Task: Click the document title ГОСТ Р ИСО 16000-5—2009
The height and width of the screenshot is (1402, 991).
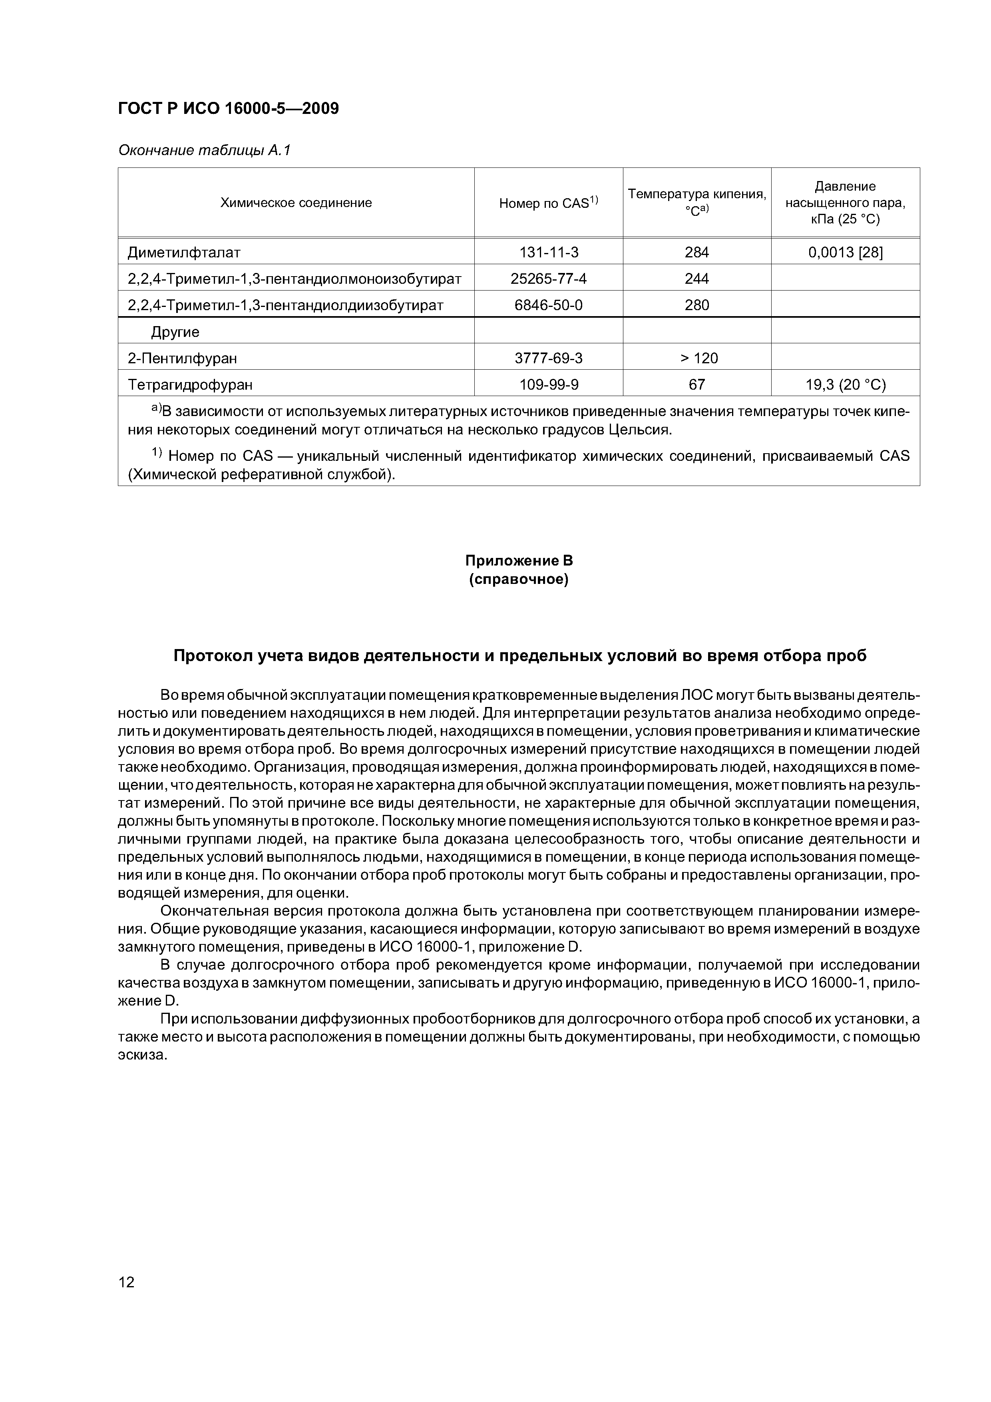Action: pos(228,109)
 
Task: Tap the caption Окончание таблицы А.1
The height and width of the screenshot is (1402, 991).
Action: pos(204,150)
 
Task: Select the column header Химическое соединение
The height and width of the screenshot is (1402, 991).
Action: pos(296,203)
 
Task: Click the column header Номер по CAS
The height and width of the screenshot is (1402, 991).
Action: pos(548,203)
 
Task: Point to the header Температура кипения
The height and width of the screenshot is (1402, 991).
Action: pos(696,194)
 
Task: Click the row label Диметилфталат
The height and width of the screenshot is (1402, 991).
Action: pos(184,252)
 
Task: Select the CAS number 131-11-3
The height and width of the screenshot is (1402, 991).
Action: pos(548,252)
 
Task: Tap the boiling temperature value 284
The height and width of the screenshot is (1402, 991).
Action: pos(696,252)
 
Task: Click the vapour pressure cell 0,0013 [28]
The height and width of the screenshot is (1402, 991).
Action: pos(845,252)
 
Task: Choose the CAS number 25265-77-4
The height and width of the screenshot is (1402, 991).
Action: pos(548,279)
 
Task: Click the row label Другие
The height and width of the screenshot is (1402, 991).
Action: pos(175,332)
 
